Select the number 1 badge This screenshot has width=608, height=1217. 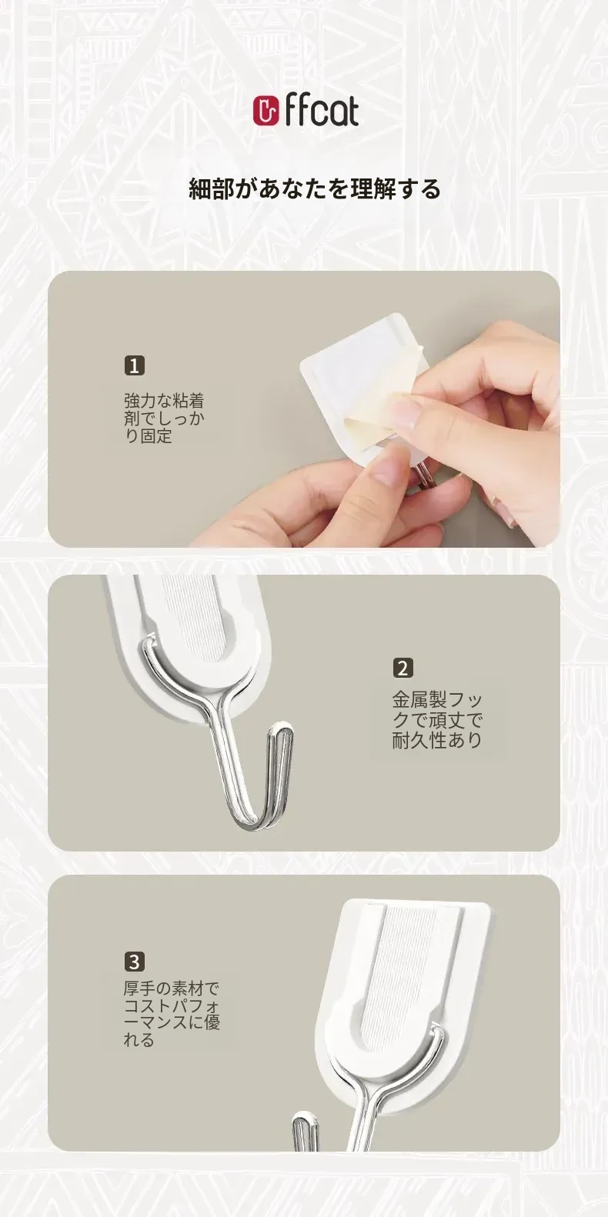[135, 365]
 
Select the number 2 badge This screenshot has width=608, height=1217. [403, 668]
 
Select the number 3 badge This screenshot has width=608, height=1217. [134, 962]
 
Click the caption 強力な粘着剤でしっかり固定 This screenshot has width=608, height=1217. [164, 418]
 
